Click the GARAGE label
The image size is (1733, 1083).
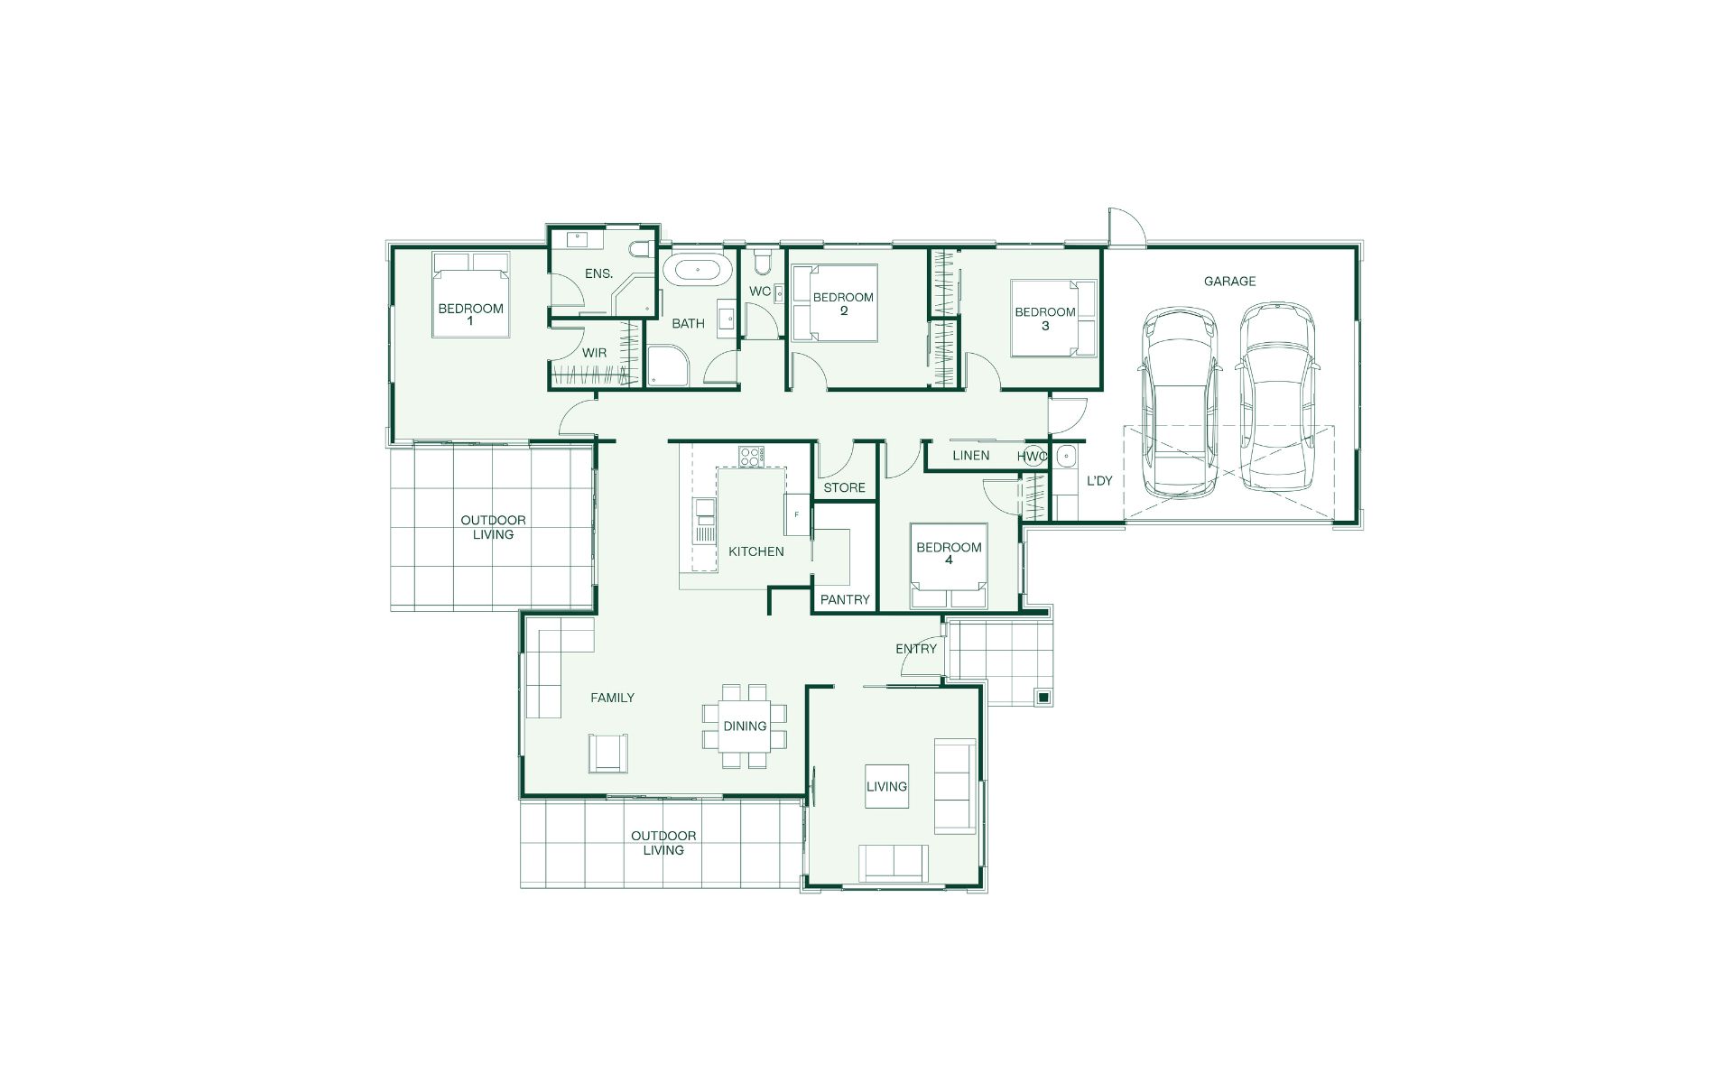(1229, 282)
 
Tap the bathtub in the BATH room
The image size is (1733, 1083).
(698, 270)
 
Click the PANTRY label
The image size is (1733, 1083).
(845, 599)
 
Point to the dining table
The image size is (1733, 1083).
(745, 726)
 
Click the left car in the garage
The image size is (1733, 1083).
(1180, 403)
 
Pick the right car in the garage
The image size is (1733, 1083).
(1277, 397)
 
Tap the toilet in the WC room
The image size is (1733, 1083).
(763, 263)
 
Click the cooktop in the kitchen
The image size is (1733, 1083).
(750, 457)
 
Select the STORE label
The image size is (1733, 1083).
(844, 487)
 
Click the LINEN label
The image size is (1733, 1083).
(970, 456)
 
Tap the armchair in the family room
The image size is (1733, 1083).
(607, 754)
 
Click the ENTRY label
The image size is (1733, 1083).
(916, 649)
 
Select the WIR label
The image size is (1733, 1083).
(594, 353)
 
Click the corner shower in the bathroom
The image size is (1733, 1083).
(668, 368)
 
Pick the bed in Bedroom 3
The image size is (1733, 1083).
(1053, 319)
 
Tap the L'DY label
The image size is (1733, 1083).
(1099, 481)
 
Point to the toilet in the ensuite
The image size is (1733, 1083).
(641, 250)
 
